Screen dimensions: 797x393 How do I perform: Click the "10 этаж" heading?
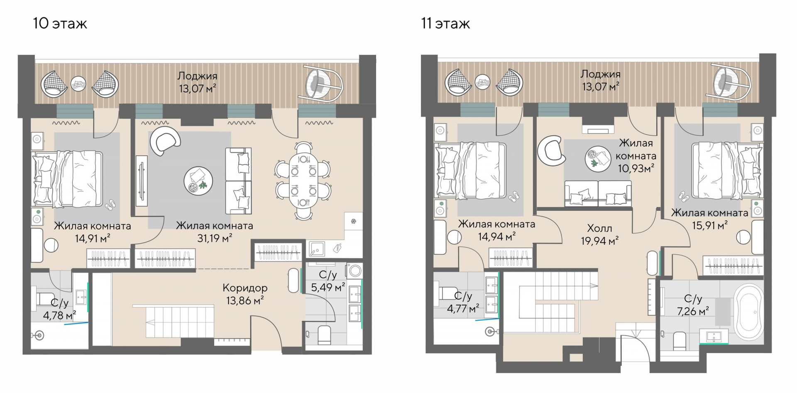[x=60, y=24]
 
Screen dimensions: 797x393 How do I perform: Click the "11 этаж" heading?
[x=445, y=24]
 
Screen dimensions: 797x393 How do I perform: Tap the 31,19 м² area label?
[x=215, y=238]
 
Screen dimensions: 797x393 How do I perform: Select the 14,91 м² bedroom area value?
[x=93, y=238]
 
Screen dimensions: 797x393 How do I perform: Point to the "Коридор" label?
[x=245, y=288]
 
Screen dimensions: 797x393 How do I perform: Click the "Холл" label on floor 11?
[x=599, y=228]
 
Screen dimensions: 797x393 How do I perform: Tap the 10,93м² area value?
[x=636, y=168]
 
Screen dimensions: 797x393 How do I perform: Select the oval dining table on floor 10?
[x=303, y=180]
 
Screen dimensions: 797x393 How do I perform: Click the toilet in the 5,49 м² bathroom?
[x=324, y=335]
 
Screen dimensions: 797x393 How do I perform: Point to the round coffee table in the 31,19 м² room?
[x=198, y=181]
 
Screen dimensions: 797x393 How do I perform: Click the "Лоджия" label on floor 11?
[x=600, y=74]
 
